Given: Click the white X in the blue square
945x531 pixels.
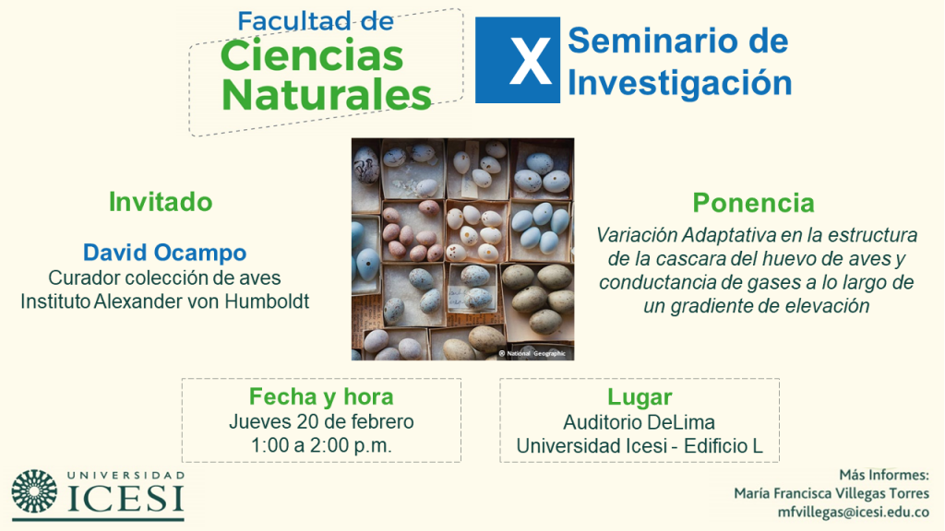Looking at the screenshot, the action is click(x=531, y=61).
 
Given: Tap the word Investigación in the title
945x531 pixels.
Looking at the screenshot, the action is click(x=680, y=83).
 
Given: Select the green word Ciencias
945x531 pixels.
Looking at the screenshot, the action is click(x=312, y=56).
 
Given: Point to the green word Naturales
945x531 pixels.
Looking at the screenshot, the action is click(x=327, y=95).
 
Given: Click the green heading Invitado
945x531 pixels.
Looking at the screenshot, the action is click(x=161, y=202).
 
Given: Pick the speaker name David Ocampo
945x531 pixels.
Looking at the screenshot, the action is click(x=164, y=253).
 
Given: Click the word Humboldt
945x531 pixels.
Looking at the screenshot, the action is click(x=267, y=301).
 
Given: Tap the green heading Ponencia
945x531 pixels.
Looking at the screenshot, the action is click(x=753, y=203).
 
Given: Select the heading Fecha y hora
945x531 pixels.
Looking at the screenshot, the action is click(x=321, y=396).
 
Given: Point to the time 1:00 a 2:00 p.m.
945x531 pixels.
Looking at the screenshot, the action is click(x=321, y=445).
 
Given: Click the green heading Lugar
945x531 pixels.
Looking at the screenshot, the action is click(x=640, y=397).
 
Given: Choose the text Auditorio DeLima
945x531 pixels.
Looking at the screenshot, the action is click(x=640, y=422).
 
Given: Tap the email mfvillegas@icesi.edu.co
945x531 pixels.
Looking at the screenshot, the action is click(x=853, y=513).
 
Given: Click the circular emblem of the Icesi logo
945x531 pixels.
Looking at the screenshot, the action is click(x=34, y=491).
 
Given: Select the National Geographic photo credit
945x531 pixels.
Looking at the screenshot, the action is click(x=532, y=353).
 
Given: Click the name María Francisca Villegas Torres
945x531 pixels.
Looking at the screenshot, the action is click(x=831, y=493).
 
